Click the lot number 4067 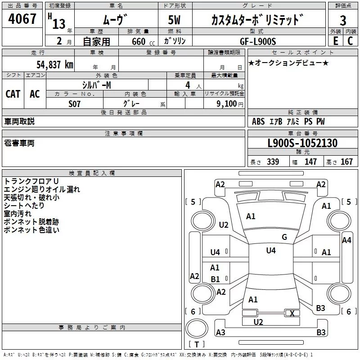tap(22, 18)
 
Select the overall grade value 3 tap(343, 20)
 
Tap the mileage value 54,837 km tap(55, 65)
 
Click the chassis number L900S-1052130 tap(302, 143)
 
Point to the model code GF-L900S tap(258, 41)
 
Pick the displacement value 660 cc tap(143, 42)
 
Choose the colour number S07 tap(74, 104)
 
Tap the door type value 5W tap(174, 20)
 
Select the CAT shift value tap(13, 94)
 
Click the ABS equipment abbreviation tap(258, 121)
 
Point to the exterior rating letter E tap(335, 41)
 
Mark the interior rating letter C tap(350, 41)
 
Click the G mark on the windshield tap(284, 237)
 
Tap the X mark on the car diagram tap(292, 313)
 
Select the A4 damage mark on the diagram tap(346, 240)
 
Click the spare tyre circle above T tap(197, 328)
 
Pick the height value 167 tap(346, 162)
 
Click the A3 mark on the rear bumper tap(220, 332)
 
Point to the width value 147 tap(310, 162)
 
